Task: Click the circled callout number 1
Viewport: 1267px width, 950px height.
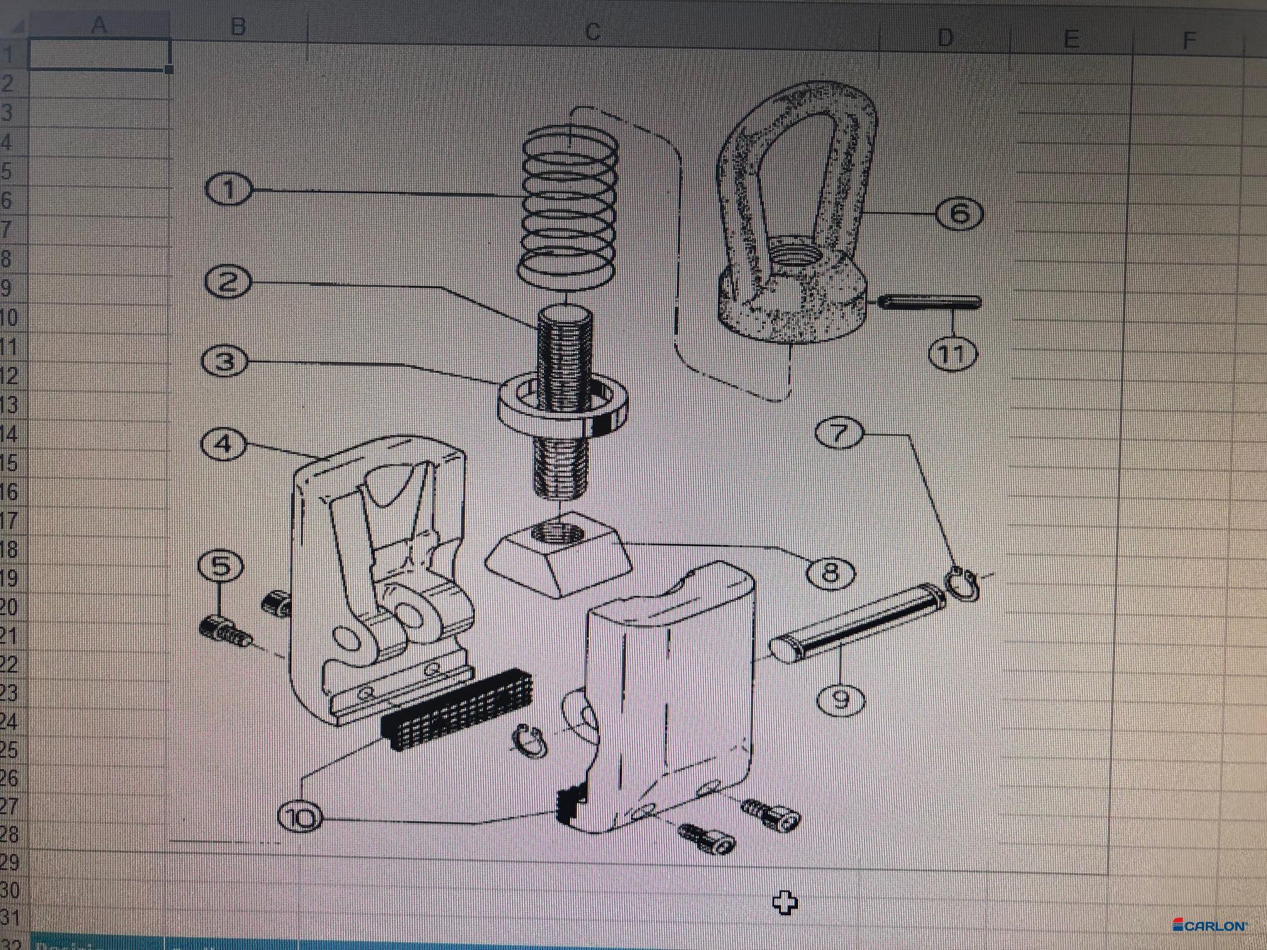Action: coord(228,189)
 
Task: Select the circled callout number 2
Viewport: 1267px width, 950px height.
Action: coord(228,281)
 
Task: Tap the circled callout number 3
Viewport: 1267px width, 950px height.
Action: coord(225,361)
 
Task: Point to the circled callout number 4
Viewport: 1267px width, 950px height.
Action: coord(224,444)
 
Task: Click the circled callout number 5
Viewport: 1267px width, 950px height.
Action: coord(221,566)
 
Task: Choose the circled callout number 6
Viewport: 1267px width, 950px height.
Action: coord(959,214)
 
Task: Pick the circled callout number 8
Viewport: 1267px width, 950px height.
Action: coord(830,572)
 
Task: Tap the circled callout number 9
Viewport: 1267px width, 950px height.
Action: coord(841,699)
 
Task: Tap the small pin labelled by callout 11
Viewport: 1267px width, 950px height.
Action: coord(929,302)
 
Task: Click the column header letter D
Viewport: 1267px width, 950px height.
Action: coord(945,38)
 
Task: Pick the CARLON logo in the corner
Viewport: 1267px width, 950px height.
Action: coord(1210,925)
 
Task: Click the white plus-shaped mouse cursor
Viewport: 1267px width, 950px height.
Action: coord(785,904)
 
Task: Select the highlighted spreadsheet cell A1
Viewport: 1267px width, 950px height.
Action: coord(99,54)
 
